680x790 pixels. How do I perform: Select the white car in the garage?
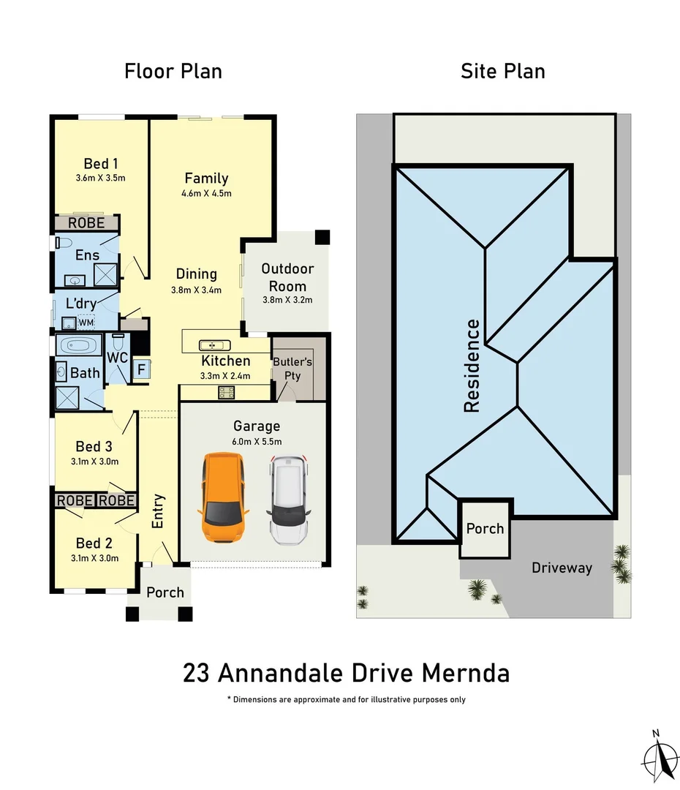pos(290,500)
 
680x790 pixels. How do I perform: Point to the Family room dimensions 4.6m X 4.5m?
pos(206,194)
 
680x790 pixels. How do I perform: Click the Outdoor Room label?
pos(287,278)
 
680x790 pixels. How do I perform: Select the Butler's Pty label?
pos(292,368)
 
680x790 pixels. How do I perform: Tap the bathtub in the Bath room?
pos(80,347)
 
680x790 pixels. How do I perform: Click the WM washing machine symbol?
pos(86,322)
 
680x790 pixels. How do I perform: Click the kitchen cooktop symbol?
pos(226,392)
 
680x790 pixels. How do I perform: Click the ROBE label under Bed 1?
pos(87,222)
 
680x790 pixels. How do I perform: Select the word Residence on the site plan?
pos(472,366)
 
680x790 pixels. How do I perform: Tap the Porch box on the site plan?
pos(486,527)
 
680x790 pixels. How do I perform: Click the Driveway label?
pos(562,568)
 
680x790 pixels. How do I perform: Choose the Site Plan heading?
pos(503,71)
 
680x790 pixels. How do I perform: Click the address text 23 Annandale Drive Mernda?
pos(346,672)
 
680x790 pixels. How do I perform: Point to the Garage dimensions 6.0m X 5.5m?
pos(257,441)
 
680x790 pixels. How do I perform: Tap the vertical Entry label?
pos(159,511)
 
